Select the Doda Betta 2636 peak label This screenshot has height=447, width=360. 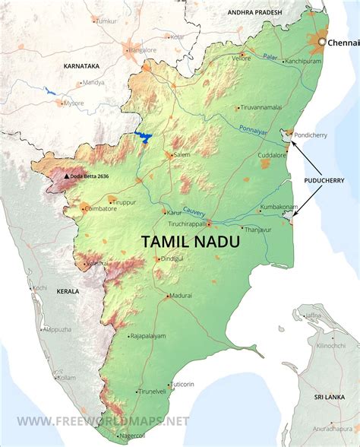click(91, 176)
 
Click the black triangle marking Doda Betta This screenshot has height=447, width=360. click(67, 176)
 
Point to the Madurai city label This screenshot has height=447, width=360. click(181, 294)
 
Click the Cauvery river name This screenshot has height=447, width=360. click(195, 218)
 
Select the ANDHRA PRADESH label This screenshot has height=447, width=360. click(256, 12)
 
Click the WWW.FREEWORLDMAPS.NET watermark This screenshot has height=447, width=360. click(103, 420)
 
